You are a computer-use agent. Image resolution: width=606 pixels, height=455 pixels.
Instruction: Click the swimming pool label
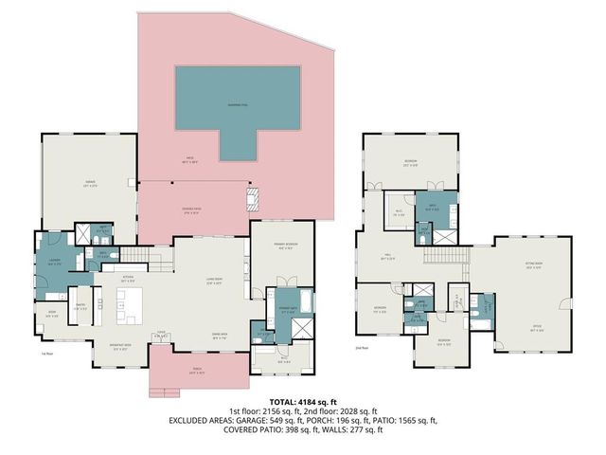(x=239, y=104)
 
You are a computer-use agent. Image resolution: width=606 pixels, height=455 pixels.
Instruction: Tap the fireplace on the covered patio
(x=251, y=199)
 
